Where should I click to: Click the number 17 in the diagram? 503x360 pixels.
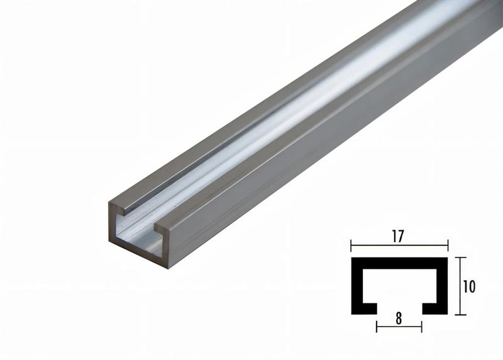[399, 236]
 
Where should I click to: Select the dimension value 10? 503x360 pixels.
[469, 286]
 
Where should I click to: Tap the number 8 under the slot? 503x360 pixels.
[399, 318]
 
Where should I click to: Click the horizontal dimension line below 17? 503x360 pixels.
[399, 246]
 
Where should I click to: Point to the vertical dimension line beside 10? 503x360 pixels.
[461, 286]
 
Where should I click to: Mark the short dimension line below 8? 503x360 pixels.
[399, 326]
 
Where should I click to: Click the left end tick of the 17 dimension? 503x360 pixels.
[351, 246]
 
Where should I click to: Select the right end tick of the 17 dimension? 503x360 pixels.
[447, 246]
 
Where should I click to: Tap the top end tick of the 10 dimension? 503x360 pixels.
[461, 257]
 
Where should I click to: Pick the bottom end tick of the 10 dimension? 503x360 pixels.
[461, 315]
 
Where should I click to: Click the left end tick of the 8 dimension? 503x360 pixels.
[377, 326]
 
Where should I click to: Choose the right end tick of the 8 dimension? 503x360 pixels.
[421, 326]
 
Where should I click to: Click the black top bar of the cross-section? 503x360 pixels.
[399, 261]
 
